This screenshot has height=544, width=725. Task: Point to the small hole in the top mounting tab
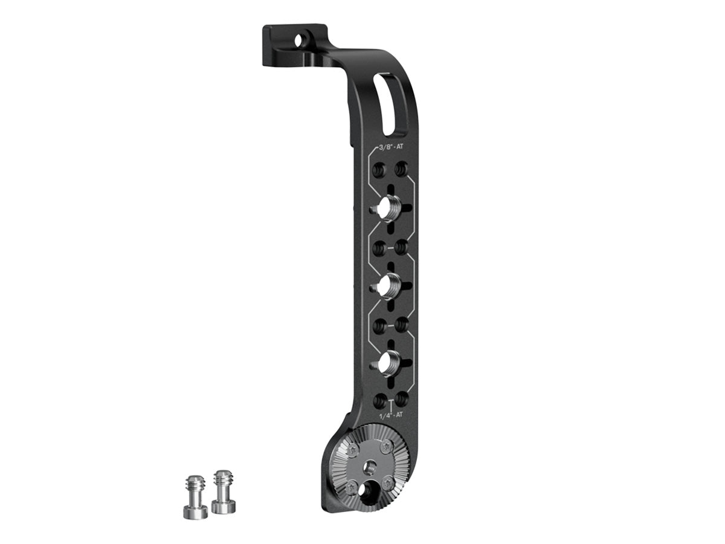[300, 41]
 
